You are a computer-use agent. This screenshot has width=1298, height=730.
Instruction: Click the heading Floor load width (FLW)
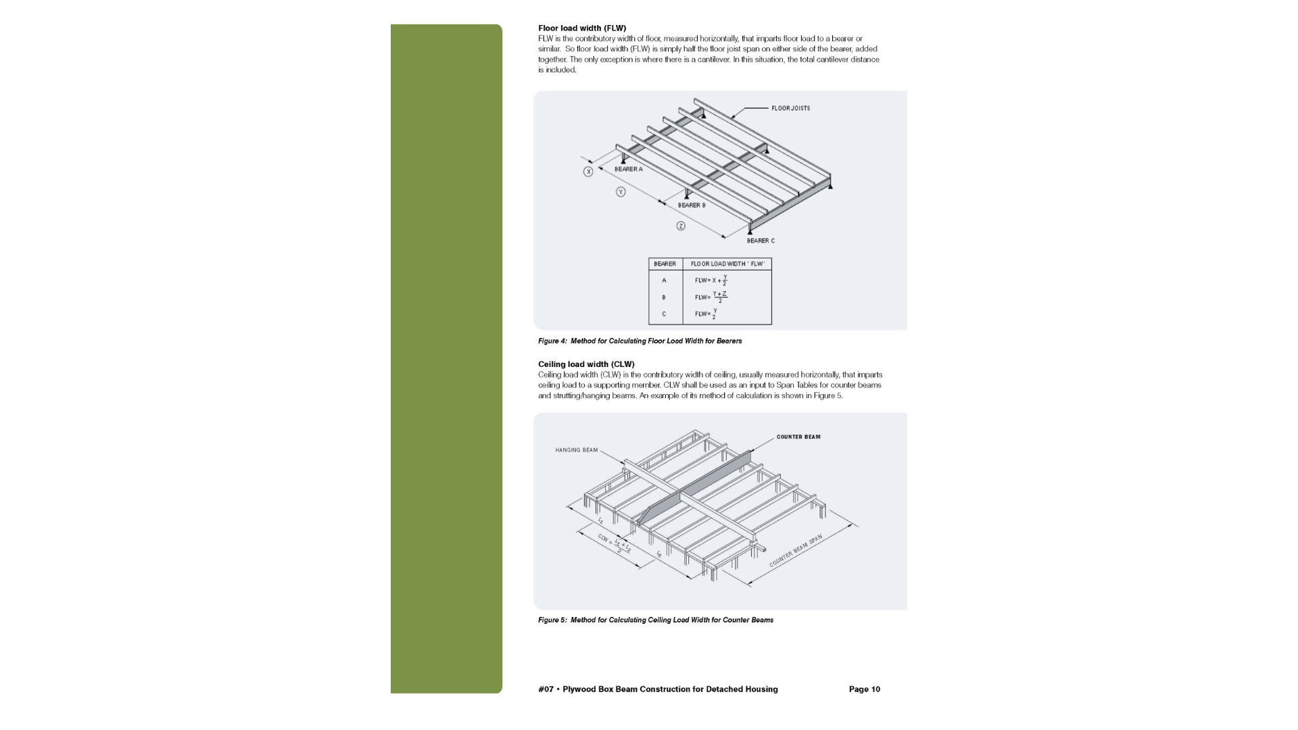pos(581,28)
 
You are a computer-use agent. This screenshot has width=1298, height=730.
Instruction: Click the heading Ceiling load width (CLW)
pos(585,364)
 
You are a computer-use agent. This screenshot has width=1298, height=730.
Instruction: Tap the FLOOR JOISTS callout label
pos(790,108)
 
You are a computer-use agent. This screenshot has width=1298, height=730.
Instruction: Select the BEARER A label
pos(628,169)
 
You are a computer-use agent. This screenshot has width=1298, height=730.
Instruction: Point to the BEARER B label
pos(691,205)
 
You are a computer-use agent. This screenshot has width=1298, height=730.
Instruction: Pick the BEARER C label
pos(761,241)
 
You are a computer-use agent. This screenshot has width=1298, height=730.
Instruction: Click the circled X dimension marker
pos(588,172)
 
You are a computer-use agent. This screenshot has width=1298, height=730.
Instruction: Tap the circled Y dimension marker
pos(621,192)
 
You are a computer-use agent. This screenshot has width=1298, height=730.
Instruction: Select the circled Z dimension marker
pos(681,226)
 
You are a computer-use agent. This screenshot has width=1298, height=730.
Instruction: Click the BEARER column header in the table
pos(665,264)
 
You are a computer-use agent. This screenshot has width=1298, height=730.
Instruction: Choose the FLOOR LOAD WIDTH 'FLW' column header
pos(727,264)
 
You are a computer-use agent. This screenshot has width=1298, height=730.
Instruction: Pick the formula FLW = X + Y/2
pos(711,281)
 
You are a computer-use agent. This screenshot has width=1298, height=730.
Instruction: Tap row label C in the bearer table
pos(664,314)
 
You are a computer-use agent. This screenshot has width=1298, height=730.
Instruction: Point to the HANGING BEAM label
pos(576,450)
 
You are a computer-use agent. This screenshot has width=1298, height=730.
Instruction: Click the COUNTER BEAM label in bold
pos(798,437)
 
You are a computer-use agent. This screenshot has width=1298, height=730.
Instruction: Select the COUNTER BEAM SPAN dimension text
pos(796,551)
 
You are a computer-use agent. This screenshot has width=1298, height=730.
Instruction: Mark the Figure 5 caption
pos(655,620)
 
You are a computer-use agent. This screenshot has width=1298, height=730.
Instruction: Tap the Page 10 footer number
pos(864,689)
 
